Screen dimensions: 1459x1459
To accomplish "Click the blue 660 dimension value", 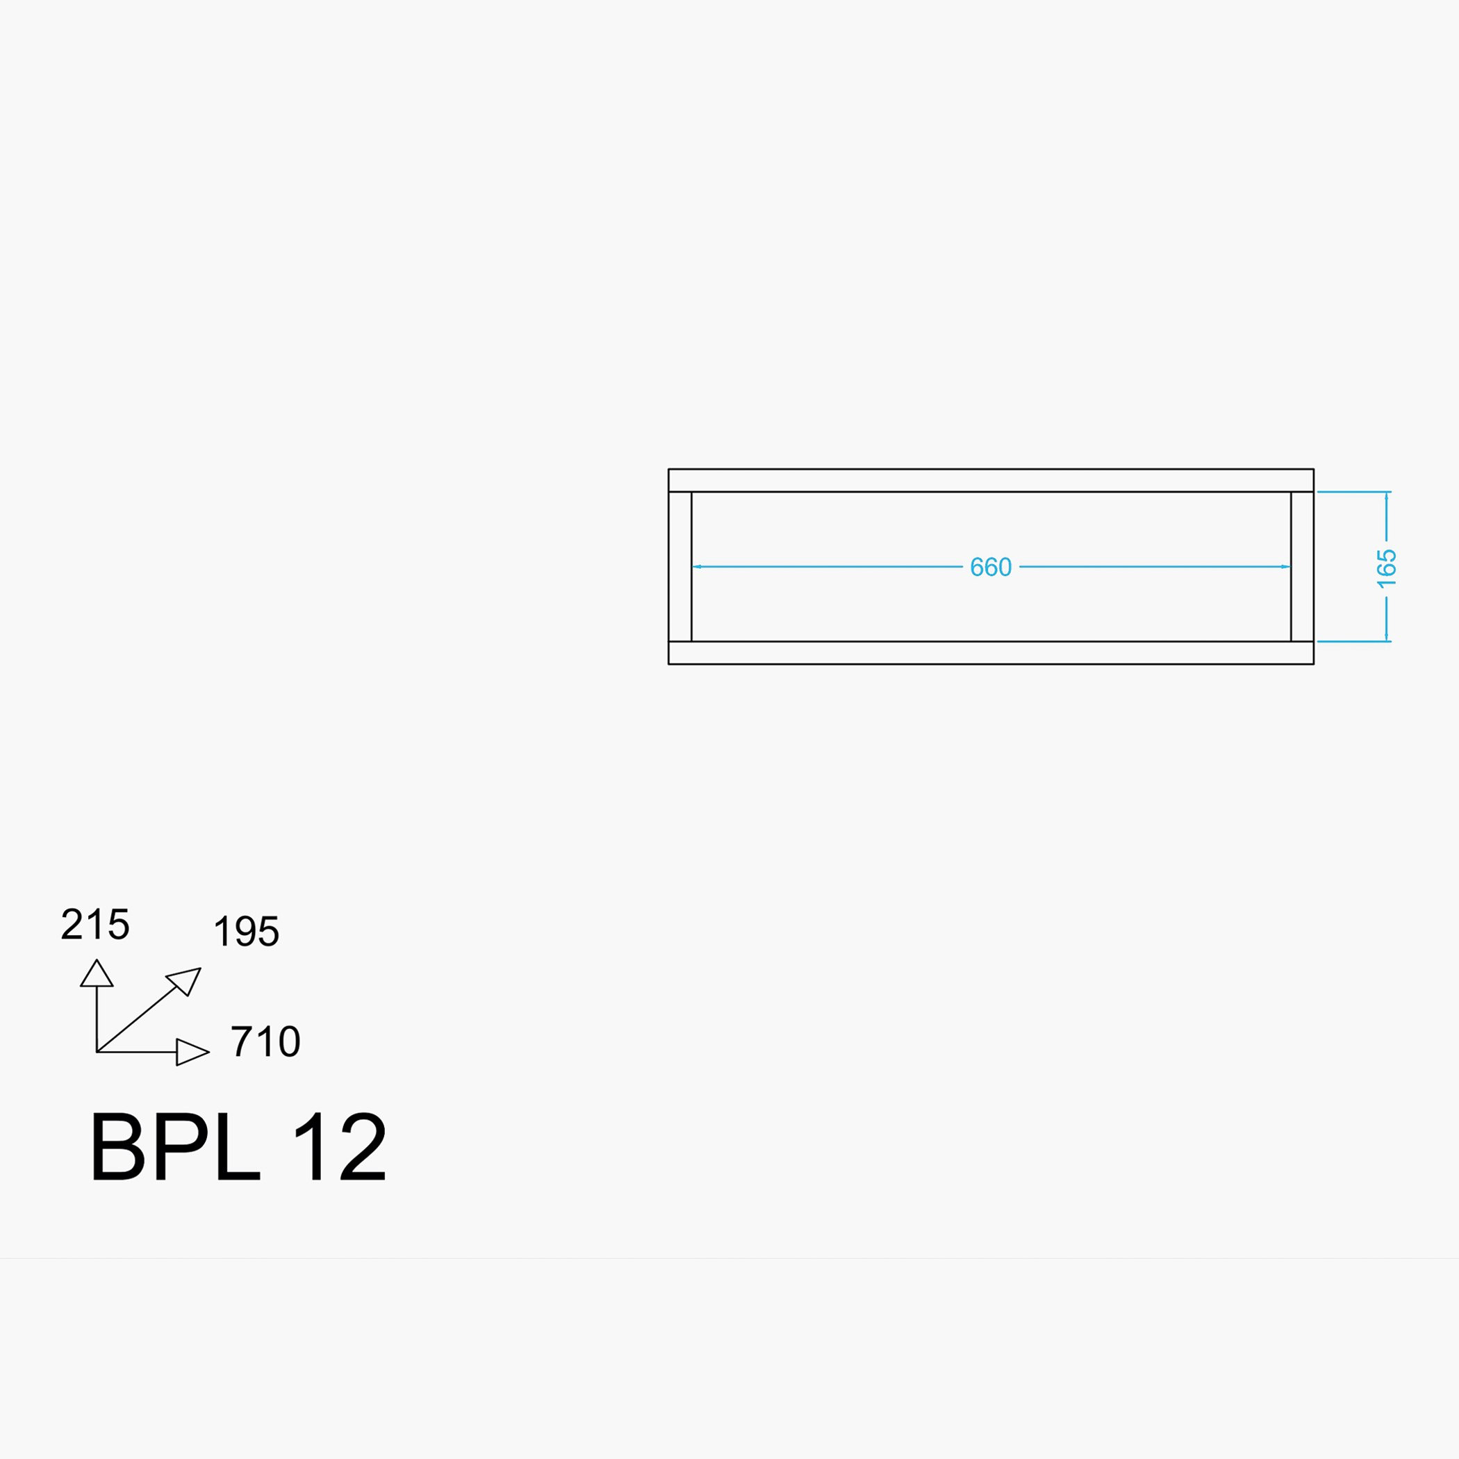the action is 990,567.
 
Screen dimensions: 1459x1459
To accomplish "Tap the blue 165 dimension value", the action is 1387,568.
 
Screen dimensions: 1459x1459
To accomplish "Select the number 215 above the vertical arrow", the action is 95,923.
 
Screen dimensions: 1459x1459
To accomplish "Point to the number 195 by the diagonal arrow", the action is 247,931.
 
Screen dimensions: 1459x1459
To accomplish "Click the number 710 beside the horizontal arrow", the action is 266,1041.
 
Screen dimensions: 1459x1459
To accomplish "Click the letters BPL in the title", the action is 176,1146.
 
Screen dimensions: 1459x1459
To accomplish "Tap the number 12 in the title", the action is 340,1146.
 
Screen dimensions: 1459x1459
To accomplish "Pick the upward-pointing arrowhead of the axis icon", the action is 97,973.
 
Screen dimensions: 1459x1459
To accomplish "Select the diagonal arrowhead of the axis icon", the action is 185,980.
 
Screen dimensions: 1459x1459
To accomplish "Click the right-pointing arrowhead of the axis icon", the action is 192,1052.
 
